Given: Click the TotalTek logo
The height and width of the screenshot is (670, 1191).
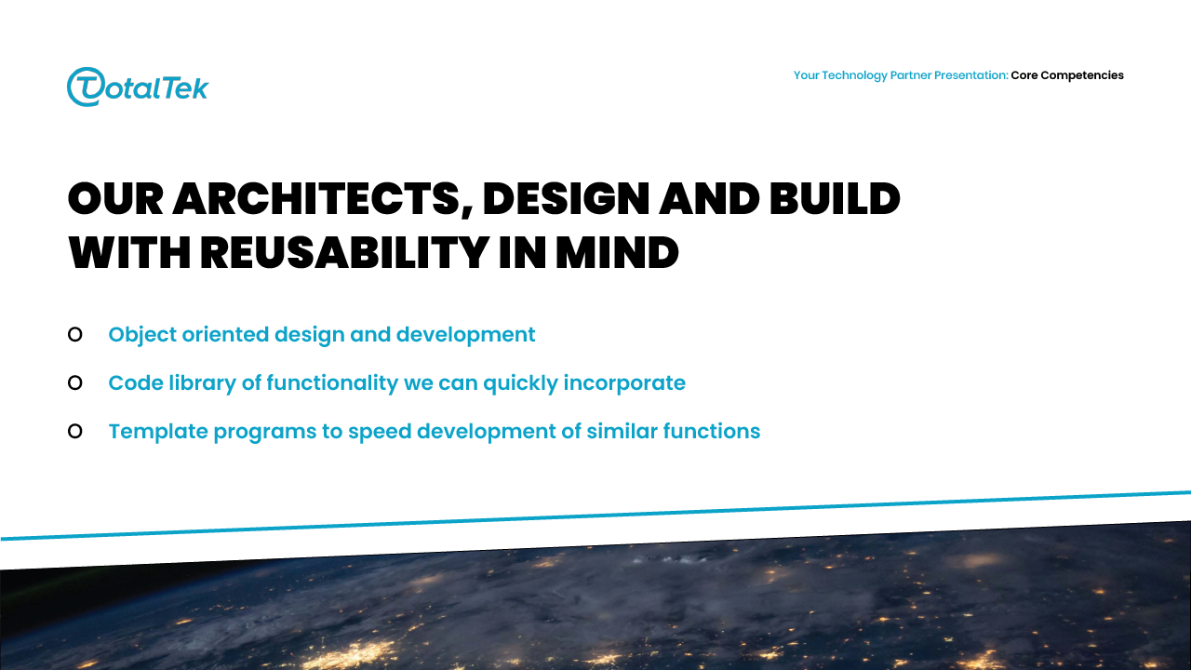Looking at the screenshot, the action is (138, 87).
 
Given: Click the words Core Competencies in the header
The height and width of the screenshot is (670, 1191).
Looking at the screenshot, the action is (1067, 75).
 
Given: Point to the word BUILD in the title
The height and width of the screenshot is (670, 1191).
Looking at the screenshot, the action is (835, 199).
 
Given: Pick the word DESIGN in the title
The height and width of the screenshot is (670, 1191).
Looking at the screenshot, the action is (566, 199).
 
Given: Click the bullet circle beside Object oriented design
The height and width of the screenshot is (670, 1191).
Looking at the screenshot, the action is (75, 334).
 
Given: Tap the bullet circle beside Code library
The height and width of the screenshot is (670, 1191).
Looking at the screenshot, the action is (75, 382).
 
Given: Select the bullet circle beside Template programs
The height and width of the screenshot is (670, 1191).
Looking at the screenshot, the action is (75, 431).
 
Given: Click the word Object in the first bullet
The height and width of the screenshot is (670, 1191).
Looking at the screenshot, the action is (142, 335).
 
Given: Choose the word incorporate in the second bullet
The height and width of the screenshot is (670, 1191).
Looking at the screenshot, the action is (624, 383).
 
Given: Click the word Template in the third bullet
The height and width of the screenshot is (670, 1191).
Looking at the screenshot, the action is (158, 432).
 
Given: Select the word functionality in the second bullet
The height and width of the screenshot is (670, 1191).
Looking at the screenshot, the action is (332, 383).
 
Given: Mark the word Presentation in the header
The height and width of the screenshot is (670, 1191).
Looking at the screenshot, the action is (971, 75).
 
